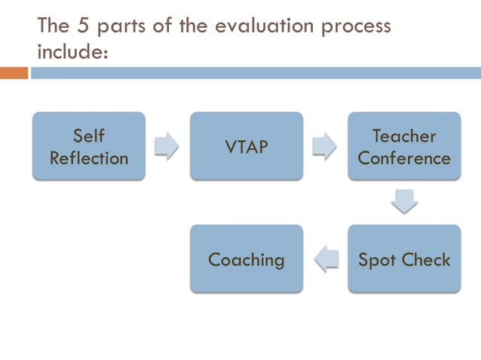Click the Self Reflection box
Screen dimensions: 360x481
click(89, 146)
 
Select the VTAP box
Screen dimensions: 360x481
click(247, 146)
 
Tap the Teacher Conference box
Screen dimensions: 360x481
click(404, 146)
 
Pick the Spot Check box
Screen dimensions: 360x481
click(404, 259)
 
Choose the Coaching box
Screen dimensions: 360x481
click(247, 259)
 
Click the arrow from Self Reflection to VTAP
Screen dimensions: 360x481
click(167, 146)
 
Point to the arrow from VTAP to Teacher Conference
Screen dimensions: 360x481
click(325, 146)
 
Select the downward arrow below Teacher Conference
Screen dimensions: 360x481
click(404, 202)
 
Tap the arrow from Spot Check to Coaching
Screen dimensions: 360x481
click(325, 259)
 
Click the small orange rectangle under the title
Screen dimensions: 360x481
click(14, 73)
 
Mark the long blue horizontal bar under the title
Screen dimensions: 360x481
click(256, 73)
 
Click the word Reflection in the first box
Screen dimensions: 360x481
click(89, 158)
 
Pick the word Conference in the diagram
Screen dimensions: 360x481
click(404, 158)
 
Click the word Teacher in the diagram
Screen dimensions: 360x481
click(404, 136)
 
